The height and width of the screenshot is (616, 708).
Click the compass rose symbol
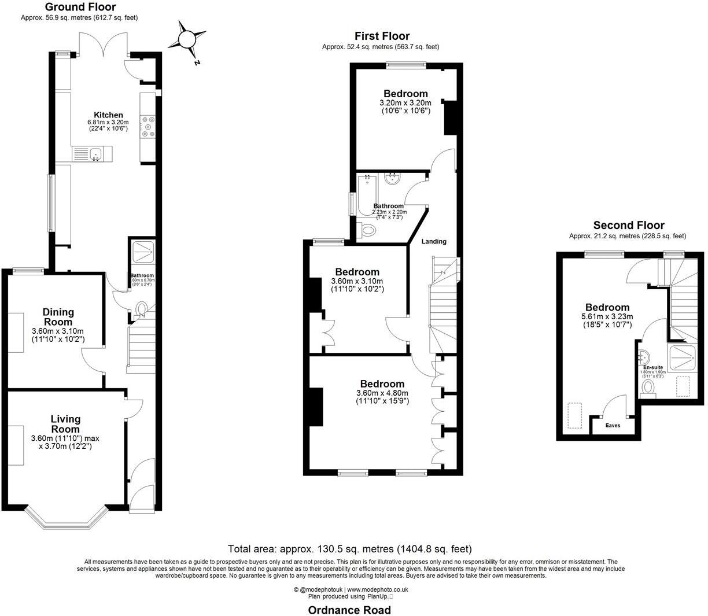(x=187, y=39)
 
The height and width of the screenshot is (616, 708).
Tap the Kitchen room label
(x=109, y=115)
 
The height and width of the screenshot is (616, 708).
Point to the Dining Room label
(x=58, y=317)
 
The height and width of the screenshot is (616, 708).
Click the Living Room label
(x=65, y=424)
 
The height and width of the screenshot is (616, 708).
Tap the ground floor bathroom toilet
(x=141, y=310)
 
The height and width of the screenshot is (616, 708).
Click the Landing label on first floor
(x=433, y=241)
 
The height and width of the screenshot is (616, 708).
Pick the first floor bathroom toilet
(x=367, y=230)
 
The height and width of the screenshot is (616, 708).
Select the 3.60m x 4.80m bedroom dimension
(x=382, y=394)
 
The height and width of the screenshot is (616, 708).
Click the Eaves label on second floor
(x=613, y=425)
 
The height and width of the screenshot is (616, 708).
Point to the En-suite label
(x=652, y=367)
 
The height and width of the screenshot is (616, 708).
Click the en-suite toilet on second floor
(x=648, y=387)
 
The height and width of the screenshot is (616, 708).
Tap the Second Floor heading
(x=629, y=226)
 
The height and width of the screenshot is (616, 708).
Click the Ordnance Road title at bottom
(x=349, y=610)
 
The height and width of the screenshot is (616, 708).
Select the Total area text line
(x=350, y=549)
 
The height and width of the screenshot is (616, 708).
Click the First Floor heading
(x=382, y=36)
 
